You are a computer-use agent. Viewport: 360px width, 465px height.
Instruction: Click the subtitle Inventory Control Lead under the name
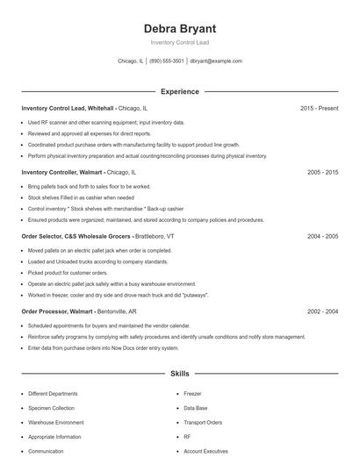(179, 42)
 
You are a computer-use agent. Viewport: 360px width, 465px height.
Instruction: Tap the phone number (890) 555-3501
(166, 61)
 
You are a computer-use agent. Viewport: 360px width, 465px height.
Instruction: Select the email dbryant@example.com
(216, 61)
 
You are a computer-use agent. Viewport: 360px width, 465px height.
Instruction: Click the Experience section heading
(179, 91)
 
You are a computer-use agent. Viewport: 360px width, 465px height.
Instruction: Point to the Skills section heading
(179, 374)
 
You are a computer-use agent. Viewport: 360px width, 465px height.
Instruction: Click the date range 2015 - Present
(319, 108)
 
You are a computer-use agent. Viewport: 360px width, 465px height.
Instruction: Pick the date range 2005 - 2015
(322, 173)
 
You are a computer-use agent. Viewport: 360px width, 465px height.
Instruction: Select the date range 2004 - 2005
(322, 236)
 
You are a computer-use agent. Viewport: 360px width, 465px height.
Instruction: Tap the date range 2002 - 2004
(322, 311)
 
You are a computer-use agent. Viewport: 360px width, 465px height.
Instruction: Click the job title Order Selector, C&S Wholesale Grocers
(76, 236)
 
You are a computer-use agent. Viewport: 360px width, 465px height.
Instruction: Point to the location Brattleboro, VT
(155, 236)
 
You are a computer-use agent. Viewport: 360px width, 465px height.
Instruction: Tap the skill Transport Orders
(203, 422)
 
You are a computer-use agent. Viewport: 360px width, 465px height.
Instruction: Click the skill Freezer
(192, 394)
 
